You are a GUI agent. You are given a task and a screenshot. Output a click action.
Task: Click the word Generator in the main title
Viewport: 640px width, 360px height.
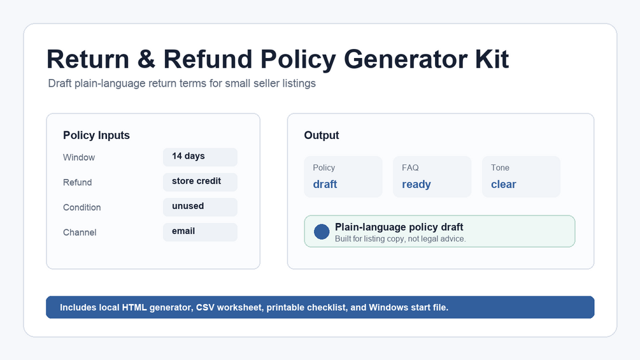pyautogui.click(x=406, y=60)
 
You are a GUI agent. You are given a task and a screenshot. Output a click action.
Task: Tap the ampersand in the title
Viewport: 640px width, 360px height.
pyautogui.click(x=146, y=59)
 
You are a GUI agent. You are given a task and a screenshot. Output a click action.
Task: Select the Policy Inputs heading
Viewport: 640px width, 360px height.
pyautogui.click(x=96, y=135)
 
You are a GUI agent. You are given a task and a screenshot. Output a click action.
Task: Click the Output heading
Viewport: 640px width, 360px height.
pyautogui.click(x=321, y=135)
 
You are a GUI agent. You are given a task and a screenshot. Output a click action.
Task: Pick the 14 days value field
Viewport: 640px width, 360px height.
pyautogui.click(x=200, y=157)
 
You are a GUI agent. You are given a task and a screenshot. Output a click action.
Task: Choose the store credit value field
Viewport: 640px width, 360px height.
pyautogui.click(x=200, y=182)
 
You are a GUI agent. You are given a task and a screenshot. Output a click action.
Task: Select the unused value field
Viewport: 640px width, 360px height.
pyautogui.click(x=200, y=206)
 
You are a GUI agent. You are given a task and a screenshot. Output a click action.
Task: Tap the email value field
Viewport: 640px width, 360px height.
pyautogui.click(x=200, y=231)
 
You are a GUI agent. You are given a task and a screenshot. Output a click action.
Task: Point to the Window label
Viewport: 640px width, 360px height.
pyautogui.click(x=79, y=157)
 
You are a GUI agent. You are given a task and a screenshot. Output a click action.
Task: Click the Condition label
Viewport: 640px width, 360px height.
pyautogui.click(x=82, y=207)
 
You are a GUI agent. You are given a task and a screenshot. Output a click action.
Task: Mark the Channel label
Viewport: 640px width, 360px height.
pyautogui.click(x=80, y=232)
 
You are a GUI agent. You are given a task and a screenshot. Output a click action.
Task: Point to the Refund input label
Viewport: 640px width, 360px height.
pyautogui.click(x=77, y=182)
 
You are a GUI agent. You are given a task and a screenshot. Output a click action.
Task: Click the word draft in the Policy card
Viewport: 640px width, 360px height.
pyautogui.click(x=325, y=184)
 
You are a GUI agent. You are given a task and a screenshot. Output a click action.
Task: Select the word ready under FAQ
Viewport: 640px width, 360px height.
pyautogui.click(x=416, y=185)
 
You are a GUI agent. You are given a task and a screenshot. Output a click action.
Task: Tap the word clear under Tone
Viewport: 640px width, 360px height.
pyautogui.click(x=503, y=184)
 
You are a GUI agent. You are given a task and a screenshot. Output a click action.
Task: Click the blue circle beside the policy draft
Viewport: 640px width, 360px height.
pyautogui.click(x=322, y=231)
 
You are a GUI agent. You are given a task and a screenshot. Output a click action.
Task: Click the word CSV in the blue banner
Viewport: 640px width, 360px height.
pyautogui.click(x=205, y=307)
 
